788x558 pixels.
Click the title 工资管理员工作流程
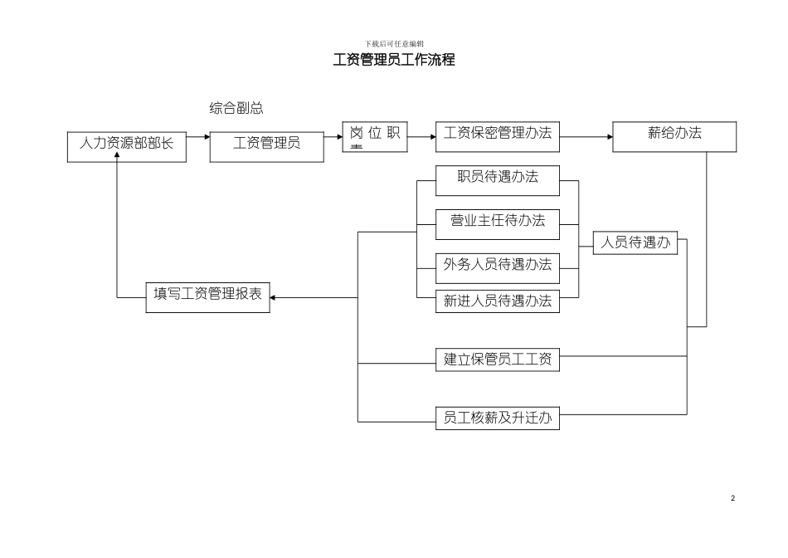pyautogui.click(x=394, y=61)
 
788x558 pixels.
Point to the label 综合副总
pyautogui.click(x=236, y=108)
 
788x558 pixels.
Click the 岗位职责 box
pyautogui.click(x=375, y=137)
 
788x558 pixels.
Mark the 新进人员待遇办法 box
pyautogui.click(x=498, y=301)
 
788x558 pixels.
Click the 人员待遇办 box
pyautogui.click(x=635, y=243)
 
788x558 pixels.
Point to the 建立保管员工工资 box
pyautogui.click(x=498, y=360)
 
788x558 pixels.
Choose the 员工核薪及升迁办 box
pyautogui.click(x=498, y=418)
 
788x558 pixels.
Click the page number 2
pyautogui.click(x=732, y=498)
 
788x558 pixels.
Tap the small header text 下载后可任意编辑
pyautogui.click(x=394, y=43)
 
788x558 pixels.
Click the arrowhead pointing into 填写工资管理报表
pyautogui.click(x=275, y=297)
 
